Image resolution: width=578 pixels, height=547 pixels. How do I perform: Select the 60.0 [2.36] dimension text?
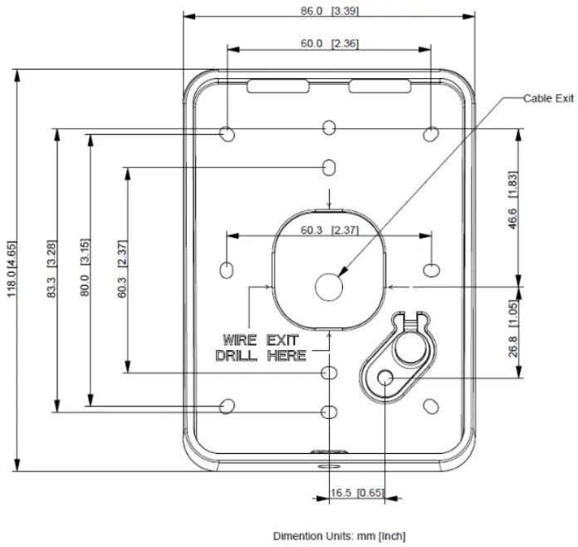330,43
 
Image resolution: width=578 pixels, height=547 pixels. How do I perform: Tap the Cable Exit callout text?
548,98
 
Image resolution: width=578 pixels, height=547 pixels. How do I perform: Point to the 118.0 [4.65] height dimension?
14,271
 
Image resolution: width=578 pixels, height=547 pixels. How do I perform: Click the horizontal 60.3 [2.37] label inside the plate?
330,230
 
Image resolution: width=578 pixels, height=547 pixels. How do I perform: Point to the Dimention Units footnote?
340,536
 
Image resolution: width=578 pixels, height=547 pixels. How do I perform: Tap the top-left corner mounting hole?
228,133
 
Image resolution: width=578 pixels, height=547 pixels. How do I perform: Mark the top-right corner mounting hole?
431,133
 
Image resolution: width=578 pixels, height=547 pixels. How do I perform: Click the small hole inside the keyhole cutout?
385,377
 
